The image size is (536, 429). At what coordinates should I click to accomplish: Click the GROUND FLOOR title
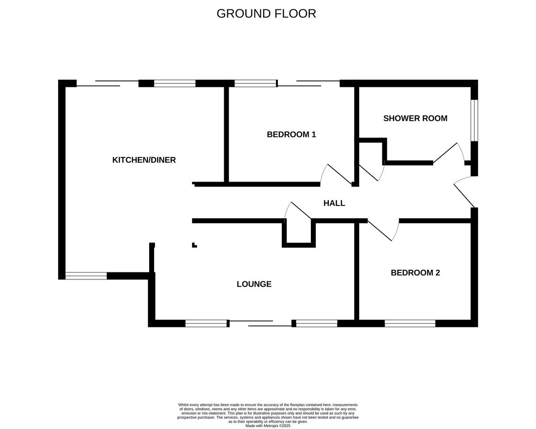(x=266, y=14)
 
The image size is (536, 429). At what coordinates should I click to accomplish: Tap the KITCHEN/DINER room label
(x=144, y=160)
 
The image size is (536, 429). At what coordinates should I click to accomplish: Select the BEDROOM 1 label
(x=291, y=134)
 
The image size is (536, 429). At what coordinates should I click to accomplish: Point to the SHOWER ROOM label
(x=415, y=119)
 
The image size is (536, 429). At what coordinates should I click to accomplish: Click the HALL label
(x=334, y=203)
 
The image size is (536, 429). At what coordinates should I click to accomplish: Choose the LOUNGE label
(x=254, y=284)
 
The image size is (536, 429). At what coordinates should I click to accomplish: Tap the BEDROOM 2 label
(x=415, y=273)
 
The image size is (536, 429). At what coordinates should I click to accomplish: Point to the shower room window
(x=474, y=120)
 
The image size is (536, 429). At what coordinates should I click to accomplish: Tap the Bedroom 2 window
(x=410, y=323)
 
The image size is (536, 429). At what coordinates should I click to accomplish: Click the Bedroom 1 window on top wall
(x=255, y=83)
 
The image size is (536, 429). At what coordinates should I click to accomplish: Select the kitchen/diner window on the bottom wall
(x=86, y=276)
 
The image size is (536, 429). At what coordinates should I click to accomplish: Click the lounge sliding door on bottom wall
(x=260, y=323)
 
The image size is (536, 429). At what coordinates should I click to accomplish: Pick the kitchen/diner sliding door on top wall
(x=108, y=83)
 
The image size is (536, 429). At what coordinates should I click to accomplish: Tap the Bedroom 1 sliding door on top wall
(x=308, y=83)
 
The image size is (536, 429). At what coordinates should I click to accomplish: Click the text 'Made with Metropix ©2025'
(x=268, y=426)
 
